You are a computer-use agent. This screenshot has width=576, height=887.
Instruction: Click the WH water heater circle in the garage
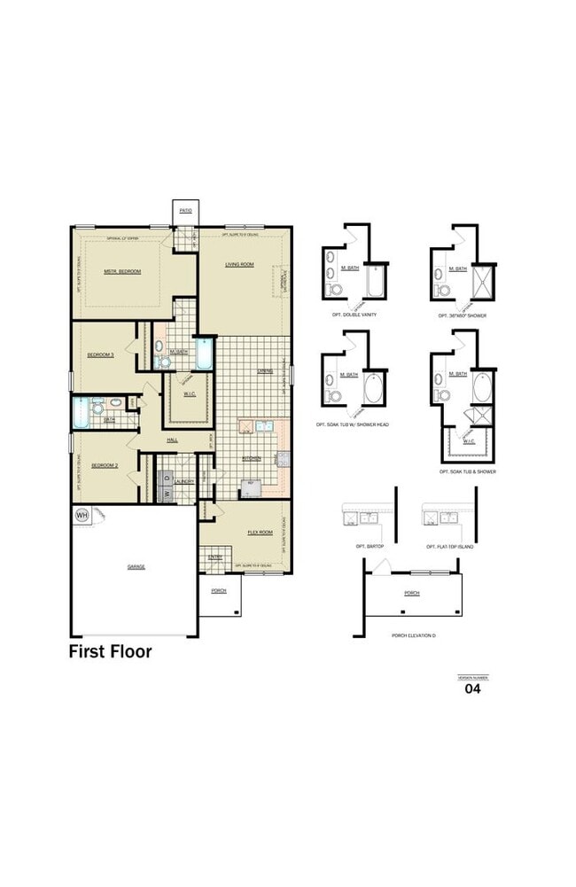(82, 514)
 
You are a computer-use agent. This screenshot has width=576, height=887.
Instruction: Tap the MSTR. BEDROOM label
(122, 271)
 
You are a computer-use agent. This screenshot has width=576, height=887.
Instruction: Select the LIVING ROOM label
(239, 264)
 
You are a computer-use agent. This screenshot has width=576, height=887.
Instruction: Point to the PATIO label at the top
(185, 211)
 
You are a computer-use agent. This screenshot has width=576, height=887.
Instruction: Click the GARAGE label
(136, 566)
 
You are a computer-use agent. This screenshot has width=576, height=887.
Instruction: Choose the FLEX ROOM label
(259, 532)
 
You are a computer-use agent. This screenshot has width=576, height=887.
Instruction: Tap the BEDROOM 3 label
(100, 354)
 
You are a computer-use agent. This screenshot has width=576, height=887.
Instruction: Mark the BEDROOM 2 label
(104, 463)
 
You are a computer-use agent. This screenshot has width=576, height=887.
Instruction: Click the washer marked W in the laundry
(165, 494)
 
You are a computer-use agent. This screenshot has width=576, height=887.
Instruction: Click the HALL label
(174, 440)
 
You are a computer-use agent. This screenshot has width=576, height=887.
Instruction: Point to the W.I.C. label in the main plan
(188, 394)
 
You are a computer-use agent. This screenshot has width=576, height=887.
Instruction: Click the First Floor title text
(111, 652)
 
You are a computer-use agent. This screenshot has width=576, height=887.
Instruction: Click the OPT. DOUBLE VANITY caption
(353, 315)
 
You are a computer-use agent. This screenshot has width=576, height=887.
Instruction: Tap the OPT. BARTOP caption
(370, 547)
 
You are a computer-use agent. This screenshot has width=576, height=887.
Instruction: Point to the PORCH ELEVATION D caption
(413, 635)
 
